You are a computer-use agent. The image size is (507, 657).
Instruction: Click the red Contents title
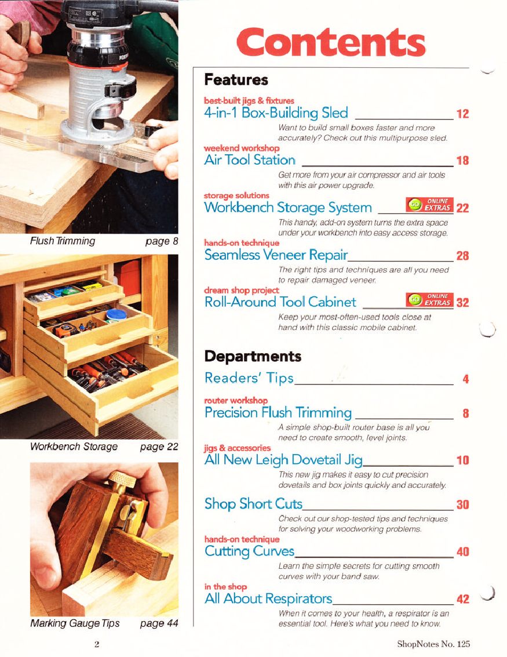331,42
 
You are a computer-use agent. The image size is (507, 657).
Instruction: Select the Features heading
236,79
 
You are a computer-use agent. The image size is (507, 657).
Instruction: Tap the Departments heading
253,356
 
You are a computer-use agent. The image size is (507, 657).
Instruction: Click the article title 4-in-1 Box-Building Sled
276,112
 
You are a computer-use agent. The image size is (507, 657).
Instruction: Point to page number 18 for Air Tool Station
462,161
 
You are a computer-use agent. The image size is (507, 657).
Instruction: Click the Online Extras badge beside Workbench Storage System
429,205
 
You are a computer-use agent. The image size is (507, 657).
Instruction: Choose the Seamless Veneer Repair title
276,255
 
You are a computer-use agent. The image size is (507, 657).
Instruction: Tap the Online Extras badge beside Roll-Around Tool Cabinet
429,300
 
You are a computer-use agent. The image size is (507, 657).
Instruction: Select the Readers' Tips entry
249,378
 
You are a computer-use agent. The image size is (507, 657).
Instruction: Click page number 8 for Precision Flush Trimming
465,413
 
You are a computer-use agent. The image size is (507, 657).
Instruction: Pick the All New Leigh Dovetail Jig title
283,460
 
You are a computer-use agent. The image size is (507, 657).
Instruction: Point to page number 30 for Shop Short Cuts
462,504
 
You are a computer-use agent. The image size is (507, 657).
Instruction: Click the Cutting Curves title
250,551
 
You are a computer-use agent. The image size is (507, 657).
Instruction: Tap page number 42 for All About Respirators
462,599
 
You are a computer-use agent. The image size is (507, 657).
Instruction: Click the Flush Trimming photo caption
63,241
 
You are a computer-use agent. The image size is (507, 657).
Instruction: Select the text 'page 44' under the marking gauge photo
159,623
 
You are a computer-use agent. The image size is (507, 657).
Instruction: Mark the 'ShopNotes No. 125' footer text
433,644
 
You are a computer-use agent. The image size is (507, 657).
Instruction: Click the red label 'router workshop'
236,401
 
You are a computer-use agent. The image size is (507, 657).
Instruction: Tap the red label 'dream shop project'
242,291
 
